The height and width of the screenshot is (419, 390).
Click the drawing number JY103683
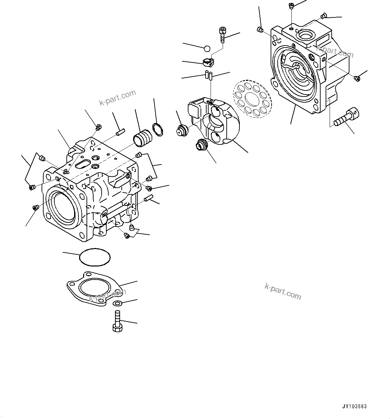pos(354,407)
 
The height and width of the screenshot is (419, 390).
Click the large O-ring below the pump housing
pos(95,257)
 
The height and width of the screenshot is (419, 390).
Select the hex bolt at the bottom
pos(117,322)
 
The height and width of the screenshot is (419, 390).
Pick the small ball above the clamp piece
pos(207,49)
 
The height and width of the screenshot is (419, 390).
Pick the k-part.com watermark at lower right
pos(282,291)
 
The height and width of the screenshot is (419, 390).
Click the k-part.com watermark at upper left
pos(117,97)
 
